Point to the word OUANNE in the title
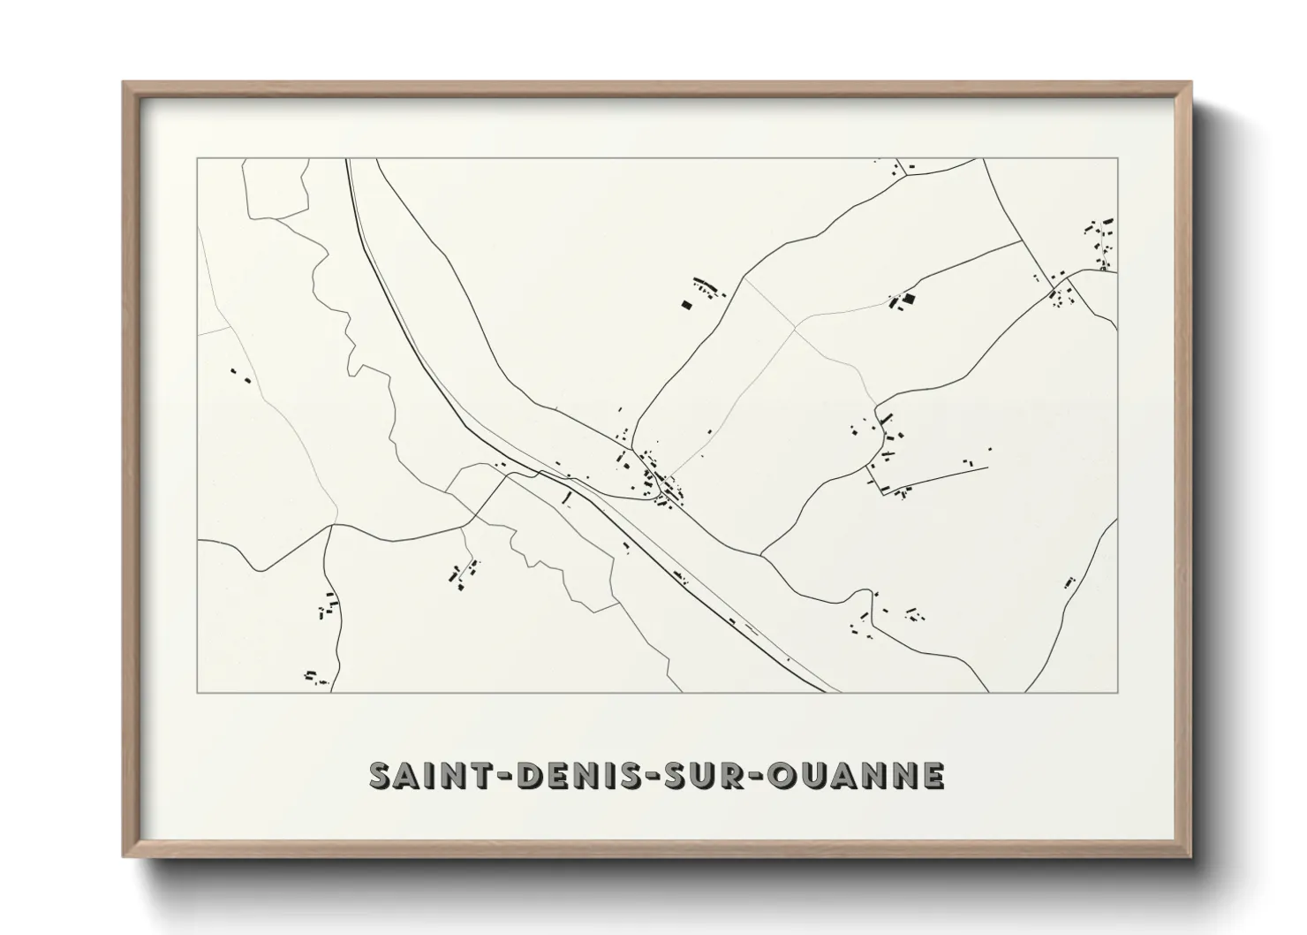point(857,775)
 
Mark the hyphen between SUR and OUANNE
point(755,776)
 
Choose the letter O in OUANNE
point(784,775)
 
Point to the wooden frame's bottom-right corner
point(1191,856)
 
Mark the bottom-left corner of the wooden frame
point(124,856)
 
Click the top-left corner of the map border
point(197,158)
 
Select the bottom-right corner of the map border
point(1118,693)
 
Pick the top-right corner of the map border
point(1118,158)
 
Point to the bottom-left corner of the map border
point(197,693)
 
